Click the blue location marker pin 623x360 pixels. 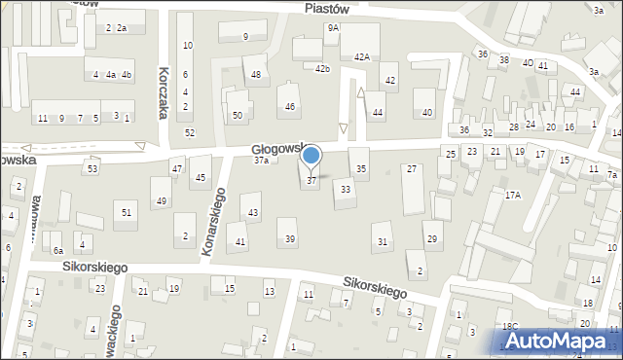(311, 157)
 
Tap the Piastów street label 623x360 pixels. (326, 7)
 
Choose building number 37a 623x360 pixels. (261, 161)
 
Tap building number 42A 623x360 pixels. (361, 57)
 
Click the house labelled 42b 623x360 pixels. (322, 68)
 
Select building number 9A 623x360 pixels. (333, 28)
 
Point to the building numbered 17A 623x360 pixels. (512, 195)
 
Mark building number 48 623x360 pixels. (256, 74)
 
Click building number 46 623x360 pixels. (289, 106)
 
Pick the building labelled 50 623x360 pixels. (237, 116)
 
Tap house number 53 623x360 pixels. (92, 169)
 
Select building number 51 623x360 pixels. (126, 212)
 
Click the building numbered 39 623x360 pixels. (289, 238)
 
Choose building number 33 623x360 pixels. (345, 190)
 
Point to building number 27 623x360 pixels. (412, 169)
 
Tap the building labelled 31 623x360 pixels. (383, 241)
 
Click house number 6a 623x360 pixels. (58, 250)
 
